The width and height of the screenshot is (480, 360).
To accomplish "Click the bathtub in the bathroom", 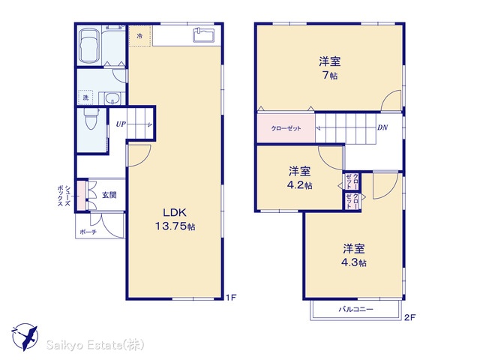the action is pos(89,46).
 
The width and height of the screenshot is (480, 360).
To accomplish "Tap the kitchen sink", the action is pos(205,34).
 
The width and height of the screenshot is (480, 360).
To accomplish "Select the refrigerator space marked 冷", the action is pos(140,36).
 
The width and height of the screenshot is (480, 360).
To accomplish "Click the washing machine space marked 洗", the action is pos(85,97).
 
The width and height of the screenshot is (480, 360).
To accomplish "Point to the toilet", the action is pos(91,118).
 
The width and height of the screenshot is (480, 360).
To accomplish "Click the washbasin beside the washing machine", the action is pos(112,98).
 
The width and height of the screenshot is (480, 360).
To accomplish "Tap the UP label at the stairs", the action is pos(121,124).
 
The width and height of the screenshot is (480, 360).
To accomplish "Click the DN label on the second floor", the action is pos(382,127).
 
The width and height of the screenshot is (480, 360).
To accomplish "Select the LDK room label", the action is pos(175,212).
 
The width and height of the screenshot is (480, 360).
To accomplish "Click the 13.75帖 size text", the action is pos(175,226).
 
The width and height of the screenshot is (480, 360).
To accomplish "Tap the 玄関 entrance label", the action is pos(109,195).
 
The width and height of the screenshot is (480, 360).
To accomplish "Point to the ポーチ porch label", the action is pos(88,232).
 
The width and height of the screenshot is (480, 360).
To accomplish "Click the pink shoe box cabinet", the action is pos(81,196).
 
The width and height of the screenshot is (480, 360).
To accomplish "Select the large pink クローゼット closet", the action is pos(286,128).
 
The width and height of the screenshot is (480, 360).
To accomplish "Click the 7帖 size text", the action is pos(330,75).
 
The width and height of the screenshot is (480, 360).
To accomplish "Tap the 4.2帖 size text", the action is pos(300,185).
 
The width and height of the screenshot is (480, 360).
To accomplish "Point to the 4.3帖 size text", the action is pos(353,262).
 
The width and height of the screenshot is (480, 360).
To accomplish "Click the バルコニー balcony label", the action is pos(355,309).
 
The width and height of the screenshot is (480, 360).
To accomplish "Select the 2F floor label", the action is pos(409,317).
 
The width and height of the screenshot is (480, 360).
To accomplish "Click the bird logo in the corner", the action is pos(25,337).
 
